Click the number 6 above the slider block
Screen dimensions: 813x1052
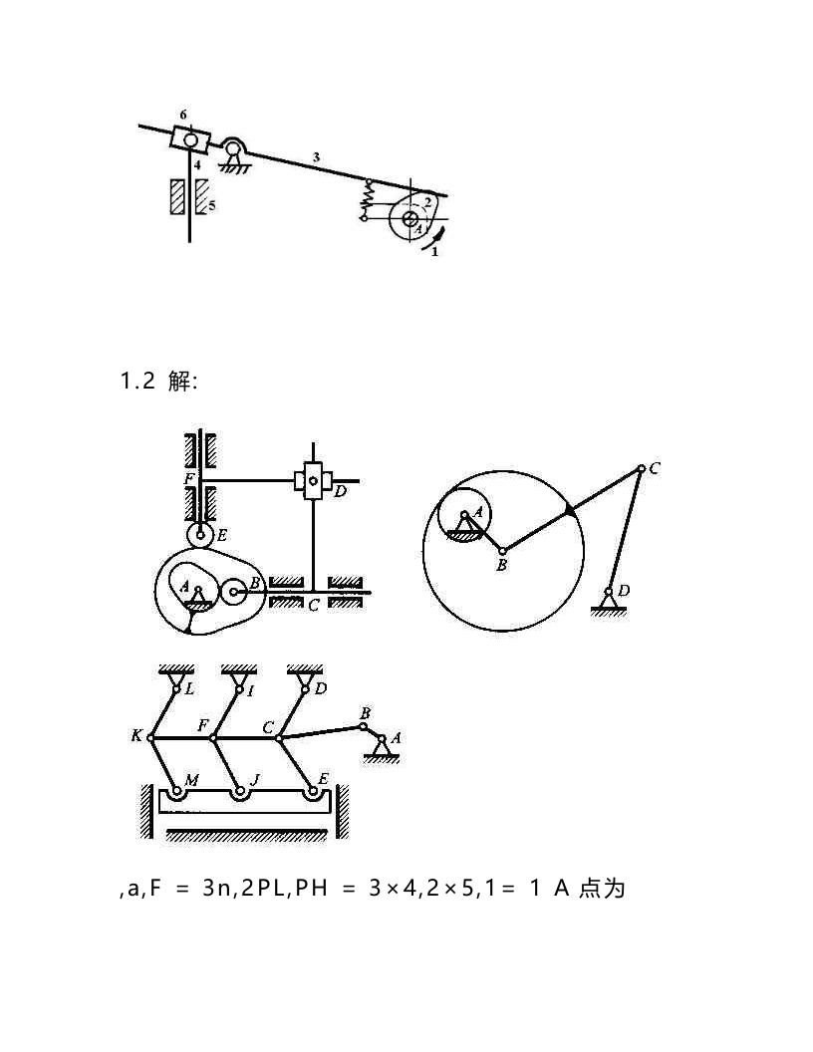[x=183, y=115]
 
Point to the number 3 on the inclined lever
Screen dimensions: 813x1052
[x=316, y=157]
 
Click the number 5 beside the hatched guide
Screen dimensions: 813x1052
[x=212, y=206]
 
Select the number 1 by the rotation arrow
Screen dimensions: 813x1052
[x=434, y=252]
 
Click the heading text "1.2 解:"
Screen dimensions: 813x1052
[x=159, y=382]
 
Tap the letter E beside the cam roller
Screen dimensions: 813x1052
[x=222, y=535]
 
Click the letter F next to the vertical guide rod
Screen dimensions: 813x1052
[x=189, y=479]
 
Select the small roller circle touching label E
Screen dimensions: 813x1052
[x=199, y=535]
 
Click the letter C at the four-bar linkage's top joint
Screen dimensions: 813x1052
[x=654, y=468]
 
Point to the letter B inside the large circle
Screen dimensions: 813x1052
[x=502, y=566]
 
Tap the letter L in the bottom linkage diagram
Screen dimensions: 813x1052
[x=189, y=689]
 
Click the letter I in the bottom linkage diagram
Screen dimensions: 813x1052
[x=251, y=689]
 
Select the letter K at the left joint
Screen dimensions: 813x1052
[x=136, y=736]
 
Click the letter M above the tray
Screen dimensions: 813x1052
[x=192, y=780]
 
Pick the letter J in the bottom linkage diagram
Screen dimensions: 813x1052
[x=255, y=780]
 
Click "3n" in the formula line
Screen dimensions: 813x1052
[x=216, y=889]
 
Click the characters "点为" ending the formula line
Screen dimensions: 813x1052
[x=602, y=889]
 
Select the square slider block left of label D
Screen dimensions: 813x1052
[x=313, y=480]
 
